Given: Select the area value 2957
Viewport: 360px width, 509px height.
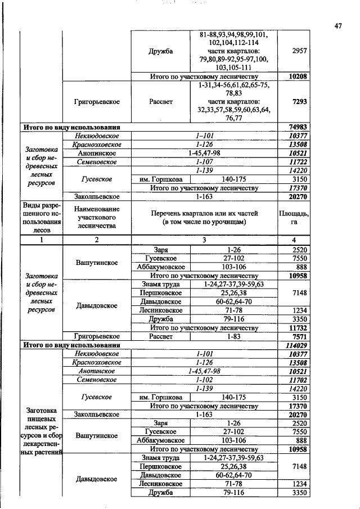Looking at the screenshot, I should click(299, 51).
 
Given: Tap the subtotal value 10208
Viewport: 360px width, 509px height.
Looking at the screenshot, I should click(299, 76).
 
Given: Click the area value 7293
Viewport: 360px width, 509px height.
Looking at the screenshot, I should click(299, 102).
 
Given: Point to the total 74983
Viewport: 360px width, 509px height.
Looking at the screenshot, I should click(299, 127).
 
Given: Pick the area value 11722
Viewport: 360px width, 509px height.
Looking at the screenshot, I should click(299, 162).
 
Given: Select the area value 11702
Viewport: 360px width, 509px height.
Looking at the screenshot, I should click(299, 380).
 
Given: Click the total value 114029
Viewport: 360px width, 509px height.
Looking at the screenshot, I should click(298, 345).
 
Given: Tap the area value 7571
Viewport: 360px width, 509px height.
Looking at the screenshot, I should click(299, 336).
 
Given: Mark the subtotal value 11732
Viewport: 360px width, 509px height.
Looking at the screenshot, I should click(299, 327).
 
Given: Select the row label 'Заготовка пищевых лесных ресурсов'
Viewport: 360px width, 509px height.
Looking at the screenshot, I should click(41, 431).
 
